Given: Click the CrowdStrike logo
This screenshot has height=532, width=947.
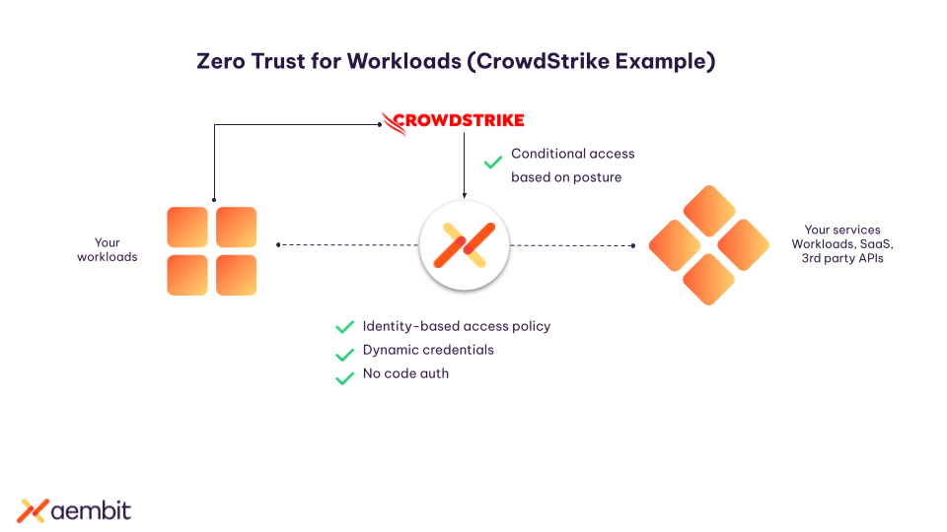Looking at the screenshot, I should pos(453,121).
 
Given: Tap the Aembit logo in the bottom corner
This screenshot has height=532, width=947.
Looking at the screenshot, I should pos(74,510).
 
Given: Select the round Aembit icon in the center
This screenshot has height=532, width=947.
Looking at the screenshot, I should pos(464,245).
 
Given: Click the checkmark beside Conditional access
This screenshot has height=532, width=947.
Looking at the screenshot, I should pos(492,162).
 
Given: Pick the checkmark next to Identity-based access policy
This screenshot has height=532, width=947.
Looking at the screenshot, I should pos(344,327).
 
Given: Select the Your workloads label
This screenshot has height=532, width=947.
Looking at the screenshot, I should pos(107,249).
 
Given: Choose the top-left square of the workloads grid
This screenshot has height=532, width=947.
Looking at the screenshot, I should pos(187,227).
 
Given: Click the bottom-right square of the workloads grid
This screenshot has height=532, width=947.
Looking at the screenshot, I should pos(237,275).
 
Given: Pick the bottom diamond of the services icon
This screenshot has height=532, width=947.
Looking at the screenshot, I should pos(708,280).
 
